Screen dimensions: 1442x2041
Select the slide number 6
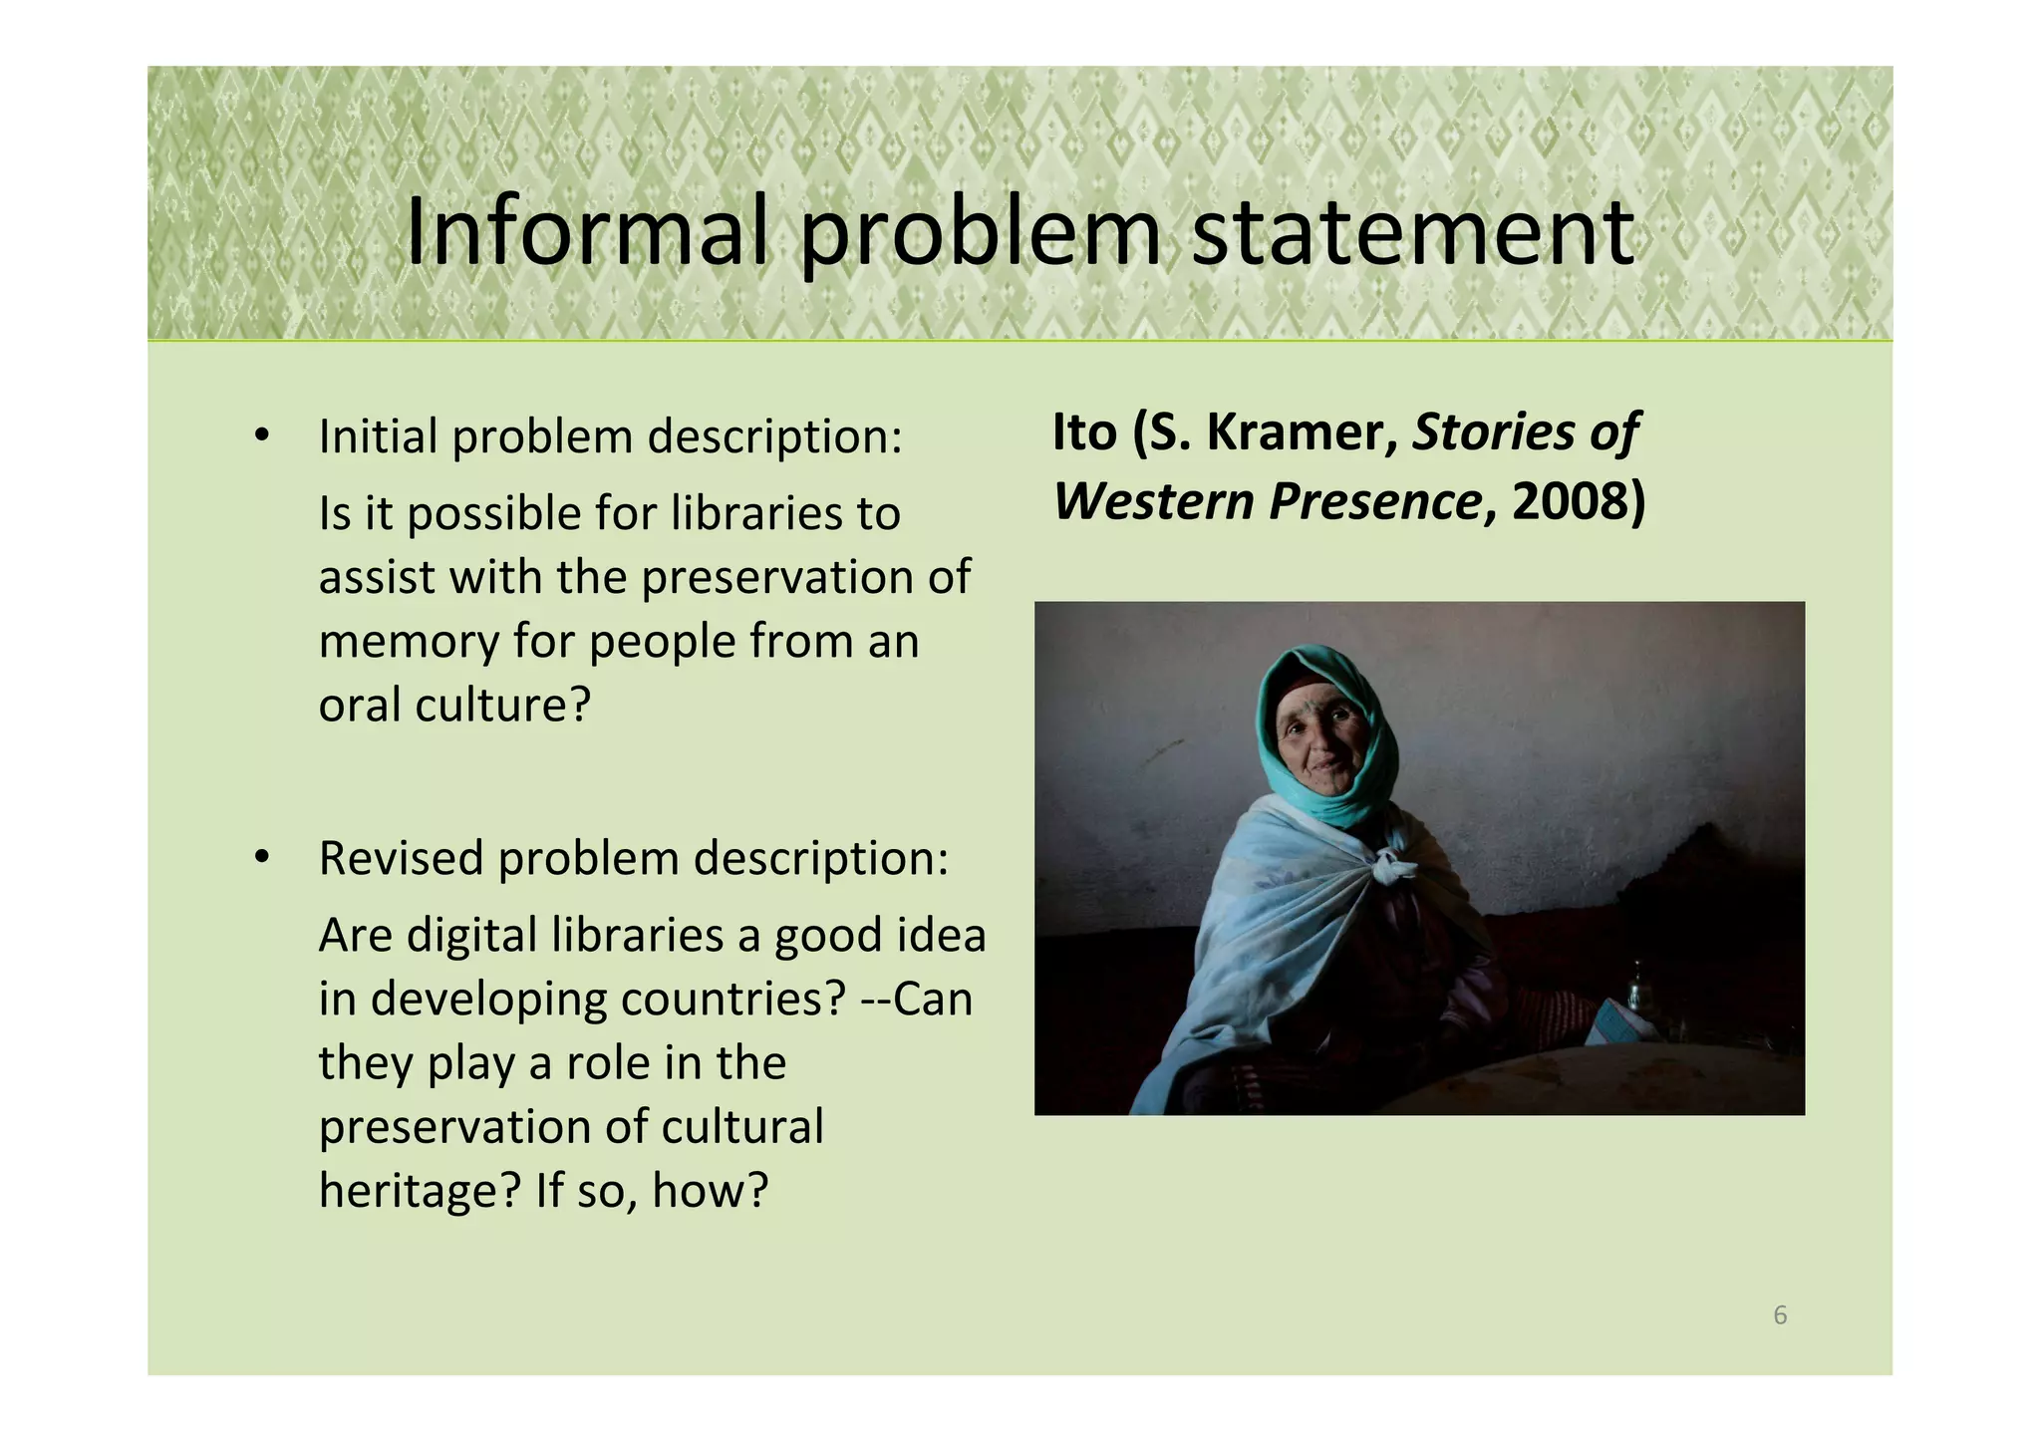[x=1780, y=1315]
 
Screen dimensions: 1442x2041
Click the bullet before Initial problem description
[x=262, y=435]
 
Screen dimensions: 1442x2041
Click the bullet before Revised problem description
[x=262, y=857]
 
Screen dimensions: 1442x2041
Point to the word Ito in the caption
[x=1084, y=432]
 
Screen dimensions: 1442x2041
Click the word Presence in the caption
[x=1375, y=501]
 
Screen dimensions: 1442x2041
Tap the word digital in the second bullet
[x=472, y=936]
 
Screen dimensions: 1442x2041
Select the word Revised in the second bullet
[x=401, y=857]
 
